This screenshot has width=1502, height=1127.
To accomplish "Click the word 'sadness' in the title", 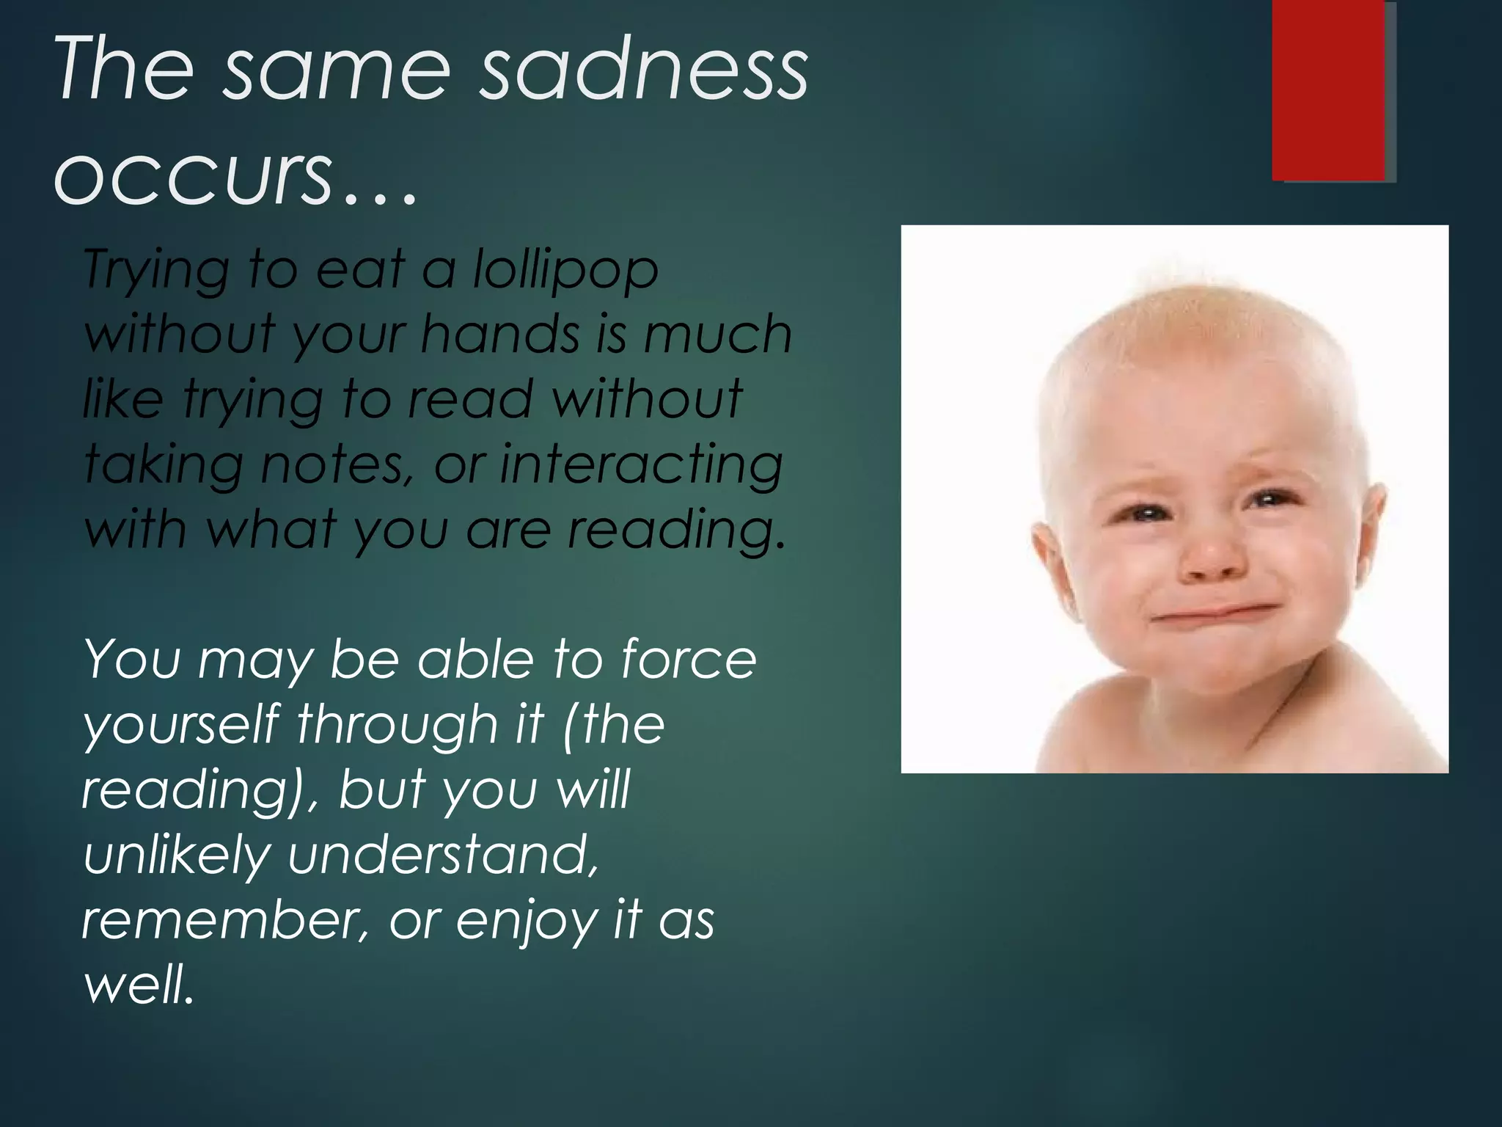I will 643,70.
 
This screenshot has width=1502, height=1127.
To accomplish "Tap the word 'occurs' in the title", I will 192,175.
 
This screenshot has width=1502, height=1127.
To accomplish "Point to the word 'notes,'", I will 337,465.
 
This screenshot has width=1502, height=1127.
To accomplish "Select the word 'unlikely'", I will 177,856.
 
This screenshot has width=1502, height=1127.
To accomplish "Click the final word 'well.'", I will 139,984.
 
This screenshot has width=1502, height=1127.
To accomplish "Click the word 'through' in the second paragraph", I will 396,725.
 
